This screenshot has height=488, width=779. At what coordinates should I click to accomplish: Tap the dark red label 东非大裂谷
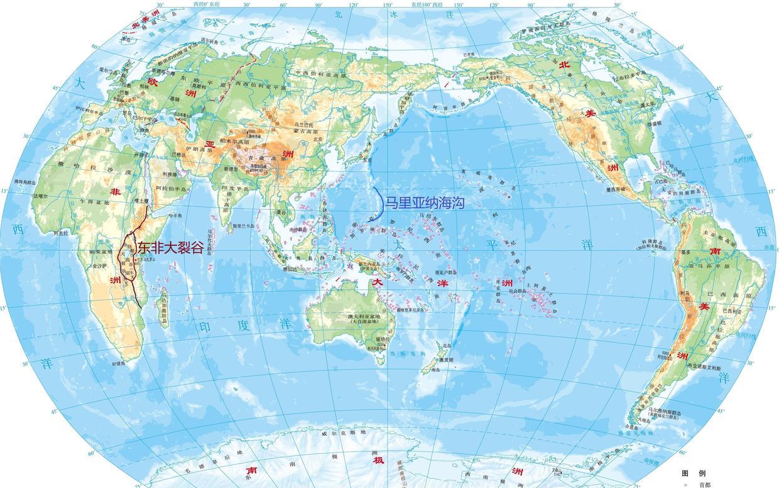(171, 248)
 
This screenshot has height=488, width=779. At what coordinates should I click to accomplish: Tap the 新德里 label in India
(232, 169)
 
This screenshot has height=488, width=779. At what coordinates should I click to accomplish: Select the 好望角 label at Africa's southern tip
(119, 363)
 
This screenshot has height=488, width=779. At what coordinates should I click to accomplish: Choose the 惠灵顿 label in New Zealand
(446, 360)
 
